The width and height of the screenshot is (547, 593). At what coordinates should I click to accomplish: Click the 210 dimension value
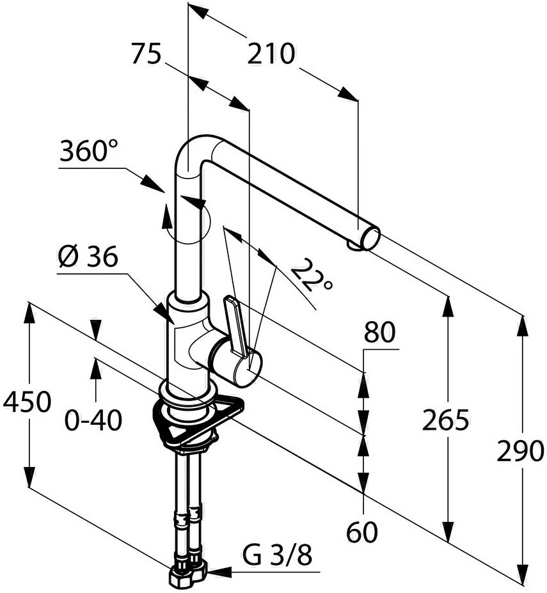coord(271,54)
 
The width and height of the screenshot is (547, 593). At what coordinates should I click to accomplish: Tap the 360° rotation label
coord(89,152)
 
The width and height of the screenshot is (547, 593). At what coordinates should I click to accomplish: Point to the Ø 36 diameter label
coord(88,257)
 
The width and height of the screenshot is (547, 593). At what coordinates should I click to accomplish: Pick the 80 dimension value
coord(380,333)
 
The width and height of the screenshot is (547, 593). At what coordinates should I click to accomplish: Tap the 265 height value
coord(446,420)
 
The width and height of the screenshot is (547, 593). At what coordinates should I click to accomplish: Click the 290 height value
coord(521,452)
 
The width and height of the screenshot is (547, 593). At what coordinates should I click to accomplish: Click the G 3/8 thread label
coord(277,555)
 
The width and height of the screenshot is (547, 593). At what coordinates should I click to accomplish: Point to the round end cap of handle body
coord(247,368)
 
